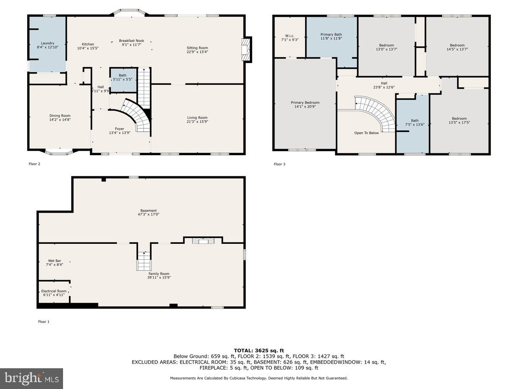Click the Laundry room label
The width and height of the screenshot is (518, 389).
click(47, 43)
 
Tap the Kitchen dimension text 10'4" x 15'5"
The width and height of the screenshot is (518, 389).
click(88, 48)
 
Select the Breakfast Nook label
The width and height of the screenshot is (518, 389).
click(132, 41)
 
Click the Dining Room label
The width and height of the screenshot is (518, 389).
click(60, 115)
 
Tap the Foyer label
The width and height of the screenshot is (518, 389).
click(119, 128)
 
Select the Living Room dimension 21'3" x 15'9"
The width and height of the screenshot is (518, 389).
click(197, 122)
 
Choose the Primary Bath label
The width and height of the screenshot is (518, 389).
click(331, 34)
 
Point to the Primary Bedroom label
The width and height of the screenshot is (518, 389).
click(305, 102)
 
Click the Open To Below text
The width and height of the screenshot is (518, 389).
click(366, 133)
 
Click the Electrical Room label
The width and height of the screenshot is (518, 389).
click(54, 291)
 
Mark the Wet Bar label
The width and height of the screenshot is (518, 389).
click(54, 261)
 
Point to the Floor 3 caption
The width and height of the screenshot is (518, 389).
click(279, 164)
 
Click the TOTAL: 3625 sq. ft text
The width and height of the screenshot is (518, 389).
click(259, 351)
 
